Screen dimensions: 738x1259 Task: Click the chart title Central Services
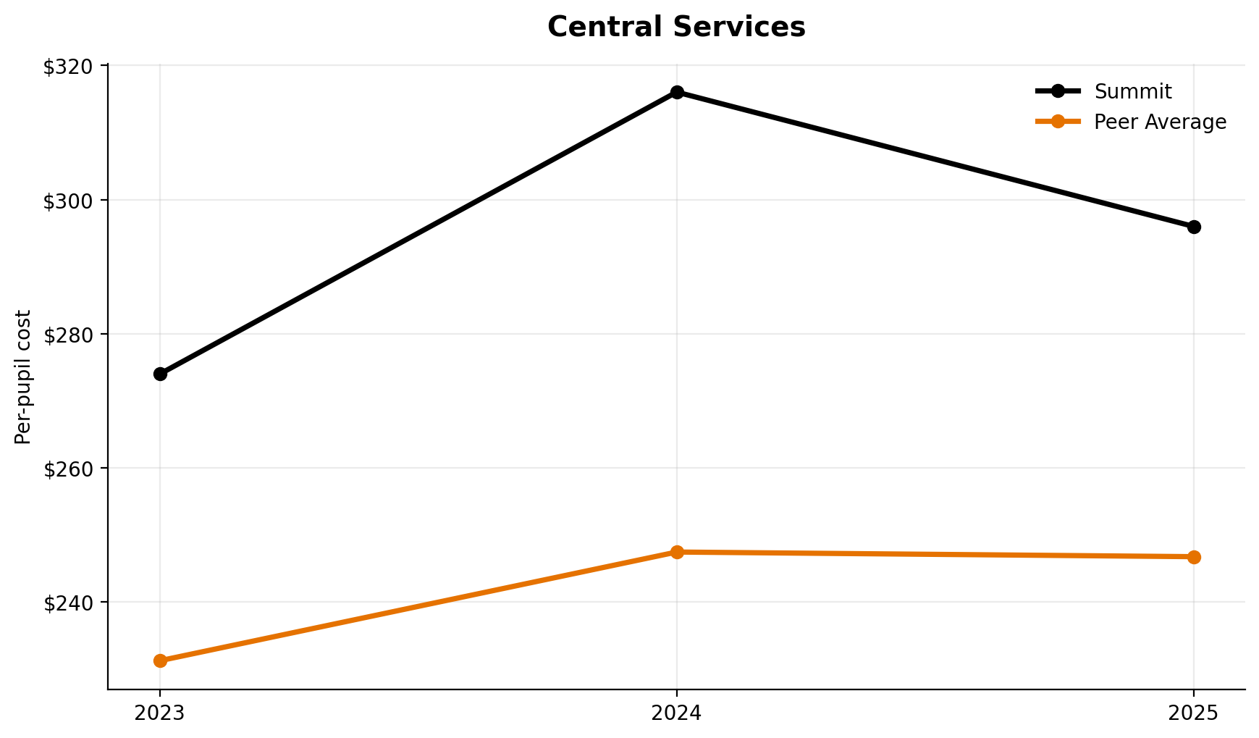pyautogui.click(x=676, y=28)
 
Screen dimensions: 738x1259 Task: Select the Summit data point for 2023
pyautogui.click(x=160, y=374)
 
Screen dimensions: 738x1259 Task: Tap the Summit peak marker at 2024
pyautogui.click(x=677, y=92)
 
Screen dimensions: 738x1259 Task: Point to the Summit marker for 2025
pyautogui.click(x=1194, y=227)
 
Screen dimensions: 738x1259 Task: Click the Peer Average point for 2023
pyautogui.click(x=160, y=661)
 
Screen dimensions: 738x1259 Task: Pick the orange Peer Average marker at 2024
pyautogui.click(x=677, y=552)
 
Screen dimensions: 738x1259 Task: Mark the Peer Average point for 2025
pyautogui.click(x=1194, y=557)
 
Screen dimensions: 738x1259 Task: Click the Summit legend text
pyautogui.click(x=1132, y=92)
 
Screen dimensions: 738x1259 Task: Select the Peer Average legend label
pyautogui.click(x=1160, y=122)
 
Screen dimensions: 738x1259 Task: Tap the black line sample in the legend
pyautogui.click(x=1058, y=91)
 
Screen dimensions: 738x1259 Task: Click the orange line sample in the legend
pyautogui.click(x=1058, y=122)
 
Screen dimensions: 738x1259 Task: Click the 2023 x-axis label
pyautogui.click(x=160, y=713)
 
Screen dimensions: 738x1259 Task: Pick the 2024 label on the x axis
pyautogui.click(x=677, y=713)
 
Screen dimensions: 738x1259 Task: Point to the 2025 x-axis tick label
pyautogui.click(x=1194, y=713)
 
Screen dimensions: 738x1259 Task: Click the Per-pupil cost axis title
pyautogui.click(x=24, y=377)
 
